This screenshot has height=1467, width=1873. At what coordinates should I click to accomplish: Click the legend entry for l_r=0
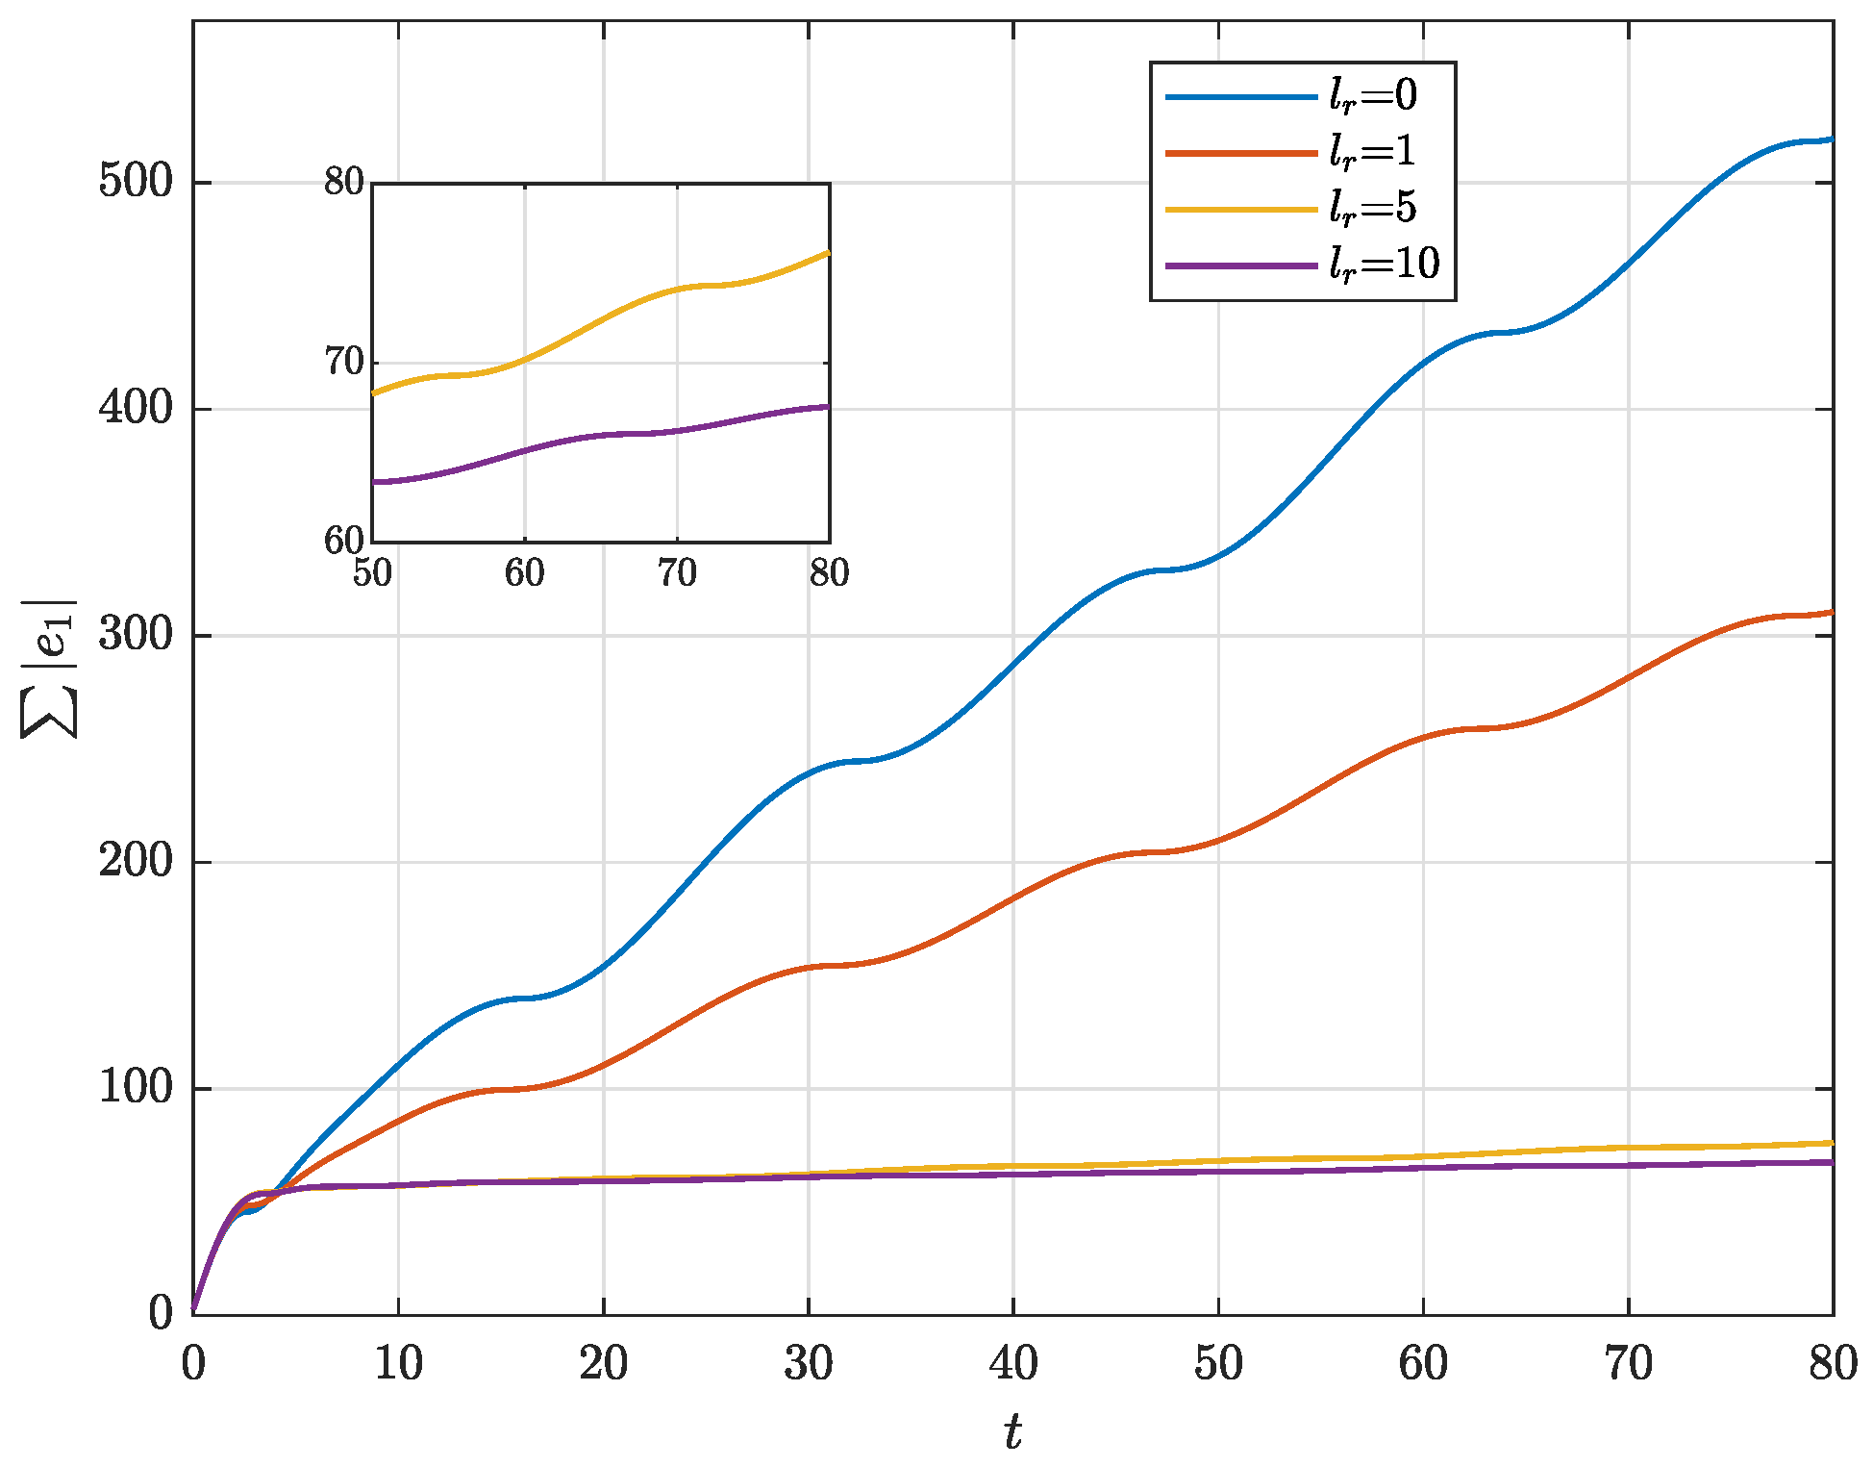point(1372,96)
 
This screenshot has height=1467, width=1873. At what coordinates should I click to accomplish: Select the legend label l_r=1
point(1372,152)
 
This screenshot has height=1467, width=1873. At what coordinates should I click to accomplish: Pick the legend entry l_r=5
point(1372,208)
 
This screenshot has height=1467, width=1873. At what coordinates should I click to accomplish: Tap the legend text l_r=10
point(1385,264)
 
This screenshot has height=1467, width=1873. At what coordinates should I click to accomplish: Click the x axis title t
point(1013,1432)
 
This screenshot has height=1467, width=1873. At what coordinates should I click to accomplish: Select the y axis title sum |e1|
point(50,669)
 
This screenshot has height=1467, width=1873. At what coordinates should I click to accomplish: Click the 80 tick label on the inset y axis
point(344,182)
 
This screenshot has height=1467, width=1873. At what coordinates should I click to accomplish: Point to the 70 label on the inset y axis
point(344,363)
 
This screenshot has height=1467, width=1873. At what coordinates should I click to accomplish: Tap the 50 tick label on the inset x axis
point(372,573)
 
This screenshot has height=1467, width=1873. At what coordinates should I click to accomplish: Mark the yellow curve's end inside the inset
point(828,253)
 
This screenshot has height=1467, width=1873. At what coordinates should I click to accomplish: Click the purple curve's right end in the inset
point(828,407)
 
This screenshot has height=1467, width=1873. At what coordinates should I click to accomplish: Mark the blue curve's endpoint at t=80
point(1832,139)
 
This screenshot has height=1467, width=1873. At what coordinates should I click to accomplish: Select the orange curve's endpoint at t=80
point(1832,612)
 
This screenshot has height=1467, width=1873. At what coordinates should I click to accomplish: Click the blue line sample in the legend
point(1240,97)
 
